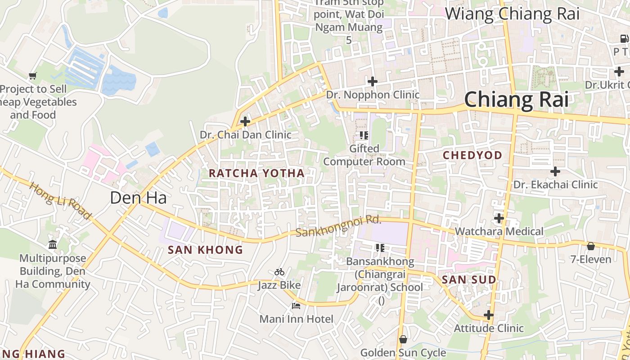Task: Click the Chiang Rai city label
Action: coord(516,99)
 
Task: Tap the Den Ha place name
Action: coord(138,198)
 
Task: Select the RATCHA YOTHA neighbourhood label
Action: coord(256,173)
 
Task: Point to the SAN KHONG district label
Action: coord(205,250)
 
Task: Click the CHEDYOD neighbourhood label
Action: coord(472,155)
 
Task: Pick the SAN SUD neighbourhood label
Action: coord(469,280)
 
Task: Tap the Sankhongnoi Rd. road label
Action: coord(338,226)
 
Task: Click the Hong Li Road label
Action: coord(60,201)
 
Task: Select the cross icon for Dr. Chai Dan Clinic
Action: coord(245,121)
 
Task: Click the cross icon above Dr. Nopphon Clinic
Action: coord(373,81)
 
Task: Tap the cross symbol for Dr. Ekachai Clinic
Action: coord(555,171)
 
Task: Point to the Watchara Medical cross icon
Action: coord(499,218)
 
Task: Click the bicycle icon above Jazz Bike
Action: coord(279,272)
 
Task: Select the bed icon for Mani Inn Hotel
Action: coord(296,306)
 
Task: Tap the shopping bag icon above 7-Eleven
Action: coord(591,246)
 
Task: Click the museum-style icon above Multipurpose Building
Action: coord(53,245)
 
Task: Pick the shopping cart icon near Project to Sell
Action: coord(32,76)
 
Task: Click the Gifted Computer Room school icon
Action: coord(364,135)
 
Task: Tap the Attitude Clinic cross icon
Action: coord(489,315)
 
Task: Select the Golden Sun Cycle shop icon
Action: coord(403,339)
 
